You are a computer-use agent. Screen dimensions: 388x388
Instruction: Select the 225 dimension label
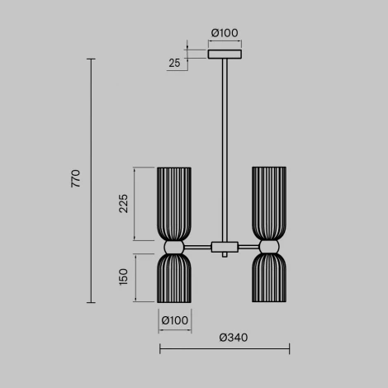124,204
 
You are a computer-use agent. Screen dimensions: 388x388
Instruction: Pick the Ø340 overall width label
233,338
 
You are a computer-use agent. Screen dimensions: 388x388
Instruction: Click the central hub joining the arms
224,246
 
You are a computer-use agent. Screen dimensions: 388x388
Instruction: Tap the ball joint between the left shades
174,246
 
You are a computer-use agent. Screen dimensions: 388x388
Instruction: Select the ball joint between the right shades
270,246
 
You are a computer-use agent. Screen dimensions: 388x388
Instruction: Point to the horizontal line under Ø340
224,351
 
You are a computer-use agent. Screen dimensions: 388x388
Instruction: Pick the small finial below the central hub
224,256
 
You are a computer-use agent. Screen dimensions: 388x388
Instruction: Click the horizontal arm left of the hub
198,246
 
